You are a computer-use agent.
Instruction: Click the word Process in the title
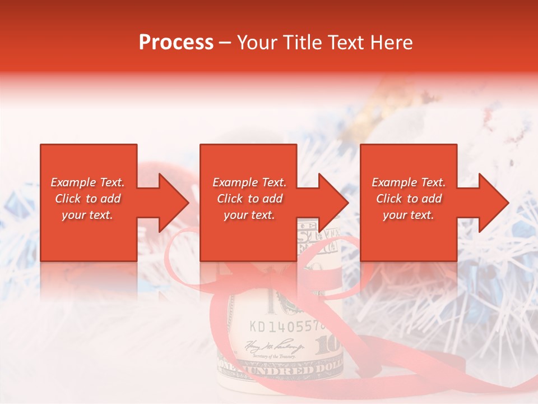click(176, 43)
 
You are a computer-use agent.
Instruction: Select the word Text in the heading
click(346, 43)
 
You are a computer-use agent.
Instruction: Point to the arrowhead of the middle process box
click(335, 203)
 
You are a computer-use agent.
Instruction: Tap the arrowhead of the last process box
click(495, 203)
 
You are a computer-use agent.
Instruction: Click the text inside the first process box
click(87, 199)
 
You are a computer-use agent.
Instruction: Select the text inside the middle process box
click(249, 199)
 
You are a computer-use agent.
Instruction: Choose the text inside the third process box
click(409, 199)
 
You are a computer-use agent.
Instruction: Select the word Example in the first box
click(73, 182)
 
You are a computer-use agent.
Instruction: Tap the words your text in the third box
click(409, 215)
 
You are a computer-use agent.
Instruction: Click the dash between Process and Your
click(225, 43)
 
